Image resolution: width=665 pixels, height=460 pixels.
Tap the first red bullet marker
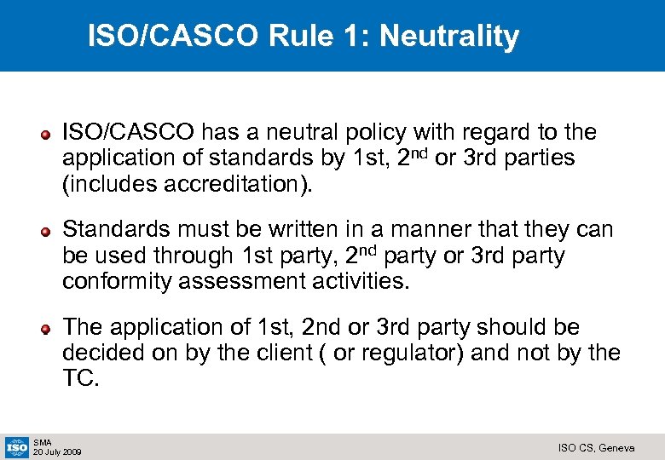pyautogui.click(x=51, y=134)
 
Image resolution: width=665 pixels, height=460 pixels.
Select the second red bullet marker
pyautogui.click(x=51, y=231)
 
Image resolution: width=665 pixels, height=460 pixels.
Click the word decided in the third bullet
pyautogui.click(x=100, y=354)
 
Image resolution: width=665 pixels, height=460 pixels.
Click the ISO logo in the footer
pyautogui.click(x=16, y=446)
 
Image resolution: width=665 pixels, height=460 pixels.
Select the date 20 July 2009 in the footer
pyautogui.click(x=57, y=452)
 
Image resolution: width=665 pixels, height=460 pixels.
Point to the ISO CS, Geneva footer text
pyautogui.click(x=595, y=448)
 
